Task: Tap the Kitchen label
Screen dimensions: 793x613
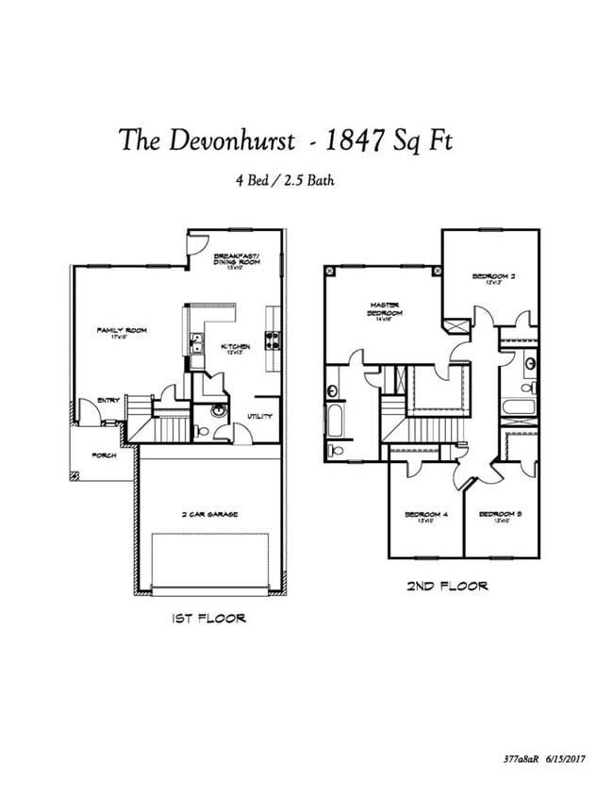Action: pyautogui.click(x=235, y=348)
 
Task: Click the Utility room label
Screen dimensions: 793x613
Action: pyautogui.click(x=260, y=416)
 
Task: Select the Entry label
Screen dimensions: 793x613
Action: pyautogui.click(x=108, y=401)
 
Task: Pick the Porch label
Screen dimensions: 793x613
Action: pyautogui.click(x=104, y=455)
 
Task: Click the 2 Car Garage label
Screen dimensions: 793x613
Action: pyautogui.click(x=209, y=515)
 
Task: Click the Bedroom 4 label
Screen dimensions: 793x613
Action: pyautogui.click(x=424, y=515)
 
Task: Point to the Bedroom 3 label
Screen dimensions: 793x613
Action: pyautogui.click(x=501, y=515)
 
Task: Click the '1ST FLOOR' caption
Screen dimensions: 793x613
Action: pyautogui.click(x=208, y=619)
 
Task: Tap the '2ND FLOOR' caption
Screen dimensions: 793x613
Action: pyautogui.click(x=447, y=586)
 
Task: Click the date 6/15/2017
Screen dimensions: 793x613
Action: pyautogui.click(x=562, y=757)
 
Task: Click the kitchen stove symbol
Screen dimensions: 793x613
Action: pyautogui.click(x=273, y=339)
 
